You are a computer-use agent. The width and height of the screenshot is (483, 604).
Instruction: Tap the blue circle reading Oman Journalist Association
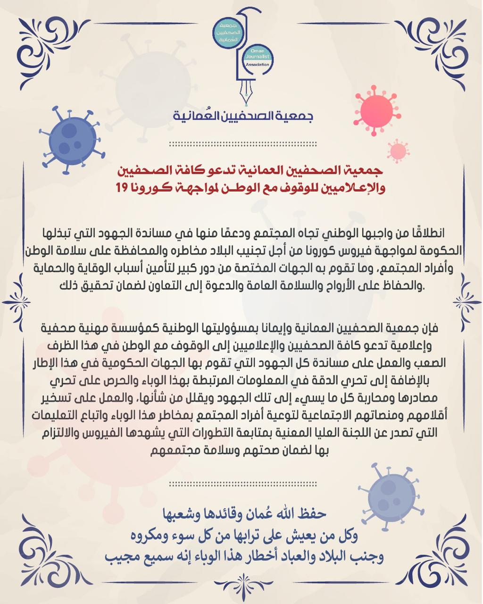tap(257, 59)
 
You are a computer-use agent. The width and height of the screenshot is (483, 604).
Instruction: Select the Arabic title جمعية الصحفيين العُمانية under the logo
tap(242, 116)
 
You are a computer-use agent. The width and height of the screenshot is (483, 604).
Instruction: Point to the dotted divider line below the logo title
tap(242, 144)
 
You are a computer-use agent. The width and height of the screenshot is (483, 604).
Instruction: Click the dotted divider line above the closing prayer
tap(242, 484)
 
